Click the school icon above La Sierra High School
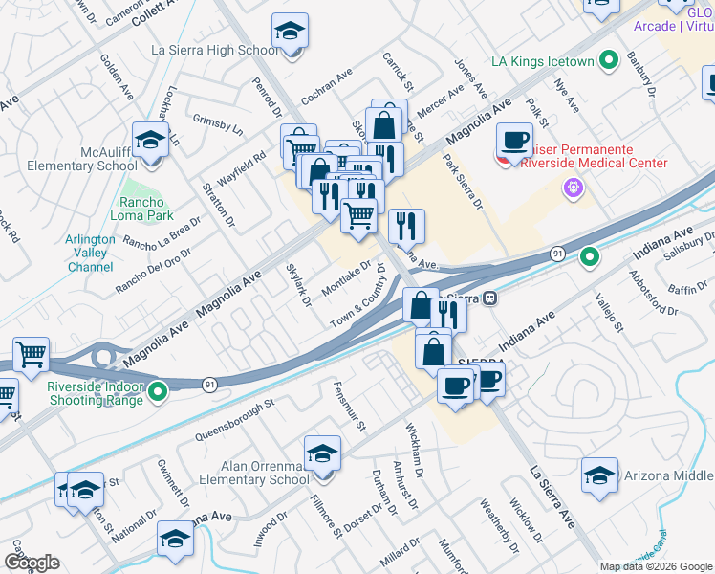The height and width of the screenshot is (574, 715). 290,32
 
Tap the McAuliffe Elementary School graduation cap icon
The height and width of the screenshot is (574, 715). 151,141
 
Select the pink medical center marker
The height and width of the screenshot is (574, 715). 574,188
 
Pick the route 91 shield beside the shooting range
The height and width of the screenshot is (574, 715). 209,384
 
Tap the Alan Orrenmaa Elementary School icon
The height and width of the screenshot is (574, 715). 322,453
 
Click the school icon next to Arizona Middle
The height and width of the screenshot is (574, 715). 599,474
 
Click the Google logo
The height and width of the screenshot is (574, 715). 32,563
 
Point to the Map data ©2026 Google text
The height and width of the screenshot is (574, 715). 656,566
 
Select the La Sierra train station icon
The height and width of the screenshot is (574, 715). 488,298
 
